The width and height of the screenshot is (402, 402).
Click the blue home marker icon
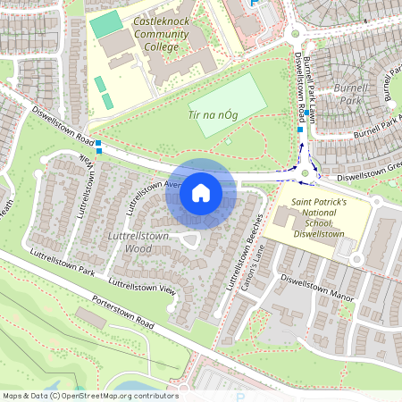pyautogui.click(x=200, y=193)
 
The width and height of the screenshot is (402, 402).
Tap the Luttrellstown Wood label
pyautogui.click(x=130, y=241)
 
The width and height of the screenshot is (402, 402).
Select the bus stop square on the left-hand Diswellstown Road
pyautogui.click(x=99, y=145)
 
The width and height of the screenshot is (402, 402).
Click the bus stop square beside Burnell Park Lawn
pyautogui.click(x=301, y=130)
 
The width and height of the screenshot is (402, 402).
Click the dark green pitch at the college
pyautogui.click(x=105, y=25)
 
